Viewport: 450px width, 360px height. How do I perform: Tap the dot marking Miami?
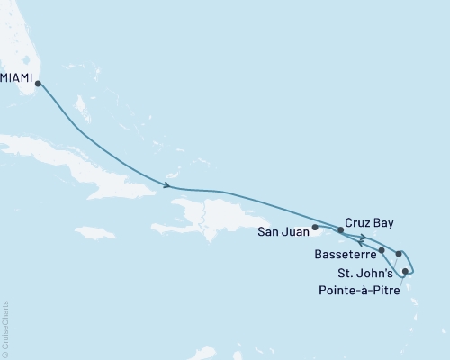tap(38, 84)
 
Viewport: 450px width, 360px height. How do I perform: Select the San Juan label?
tap(284, 230)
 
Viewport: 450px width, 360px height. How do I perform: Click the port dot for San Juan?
tap(315, 228)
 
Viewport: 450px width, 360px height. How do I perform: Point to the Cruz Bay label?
tap(369, 222)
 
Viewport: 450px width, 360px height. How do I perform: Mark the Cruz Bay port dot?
tap(340, 230)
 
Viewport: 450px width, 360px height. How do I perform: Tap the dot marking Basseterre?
tap(382, 250)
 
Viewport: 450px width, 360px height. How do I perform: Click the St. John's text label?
tap(364, 272)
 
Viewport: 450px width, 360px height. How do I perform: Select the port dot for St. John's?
tap(399, 256)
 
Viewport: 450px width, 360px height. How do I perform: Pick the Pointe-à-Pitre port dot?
tap(406, 271)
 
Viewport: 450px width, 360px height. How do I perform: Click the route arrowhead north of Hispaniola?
tap(167, 186)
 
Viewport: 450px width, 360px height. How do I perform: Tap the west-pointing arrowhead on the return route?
tap(361, 240)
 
